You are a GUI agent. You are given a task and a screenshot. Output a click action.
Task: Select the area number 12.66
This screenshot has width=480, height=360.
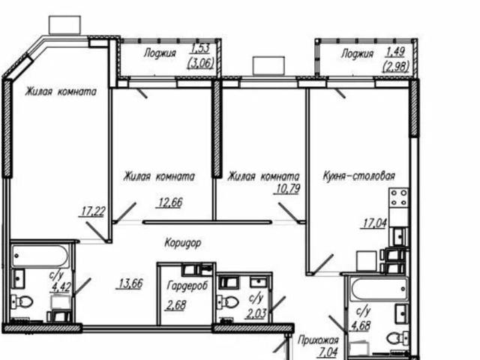(x=170, y=201)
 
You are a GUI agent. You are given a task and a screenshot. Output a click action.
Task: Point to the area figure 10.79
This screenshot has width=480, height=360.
(x=288, y=189)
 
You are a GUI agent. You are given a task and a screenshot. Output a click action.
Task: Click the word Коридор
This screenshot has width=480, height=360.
(x=184, y=243)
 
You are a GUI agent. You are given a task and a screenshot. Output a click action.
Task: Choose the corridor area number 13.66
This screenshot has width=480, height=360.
(x=130, y=283)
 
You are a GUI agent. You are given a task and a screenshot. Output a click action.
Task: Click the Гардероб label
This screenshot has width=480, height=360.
(x=186, y=287)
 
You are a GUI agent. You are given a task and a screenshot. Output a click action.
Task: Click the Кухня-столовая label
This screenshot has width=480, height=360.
(x=358, y=177)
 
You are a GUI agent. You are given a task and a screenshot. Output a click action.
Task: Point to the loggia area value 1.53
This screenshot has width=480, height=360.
(x=197, y=51)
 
